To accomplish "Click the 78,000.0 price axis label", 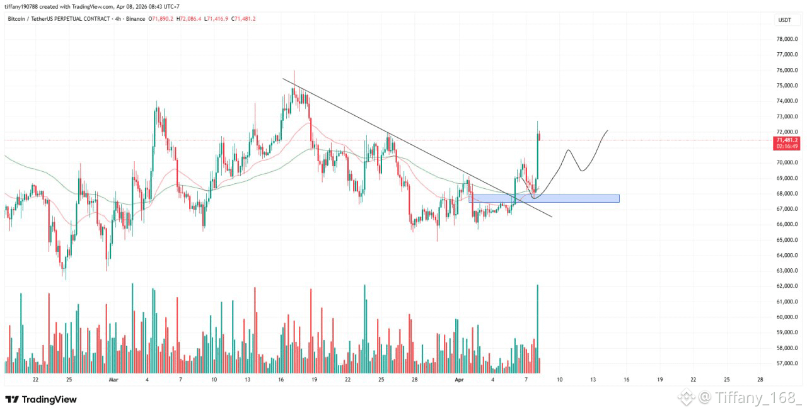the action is (787, 39).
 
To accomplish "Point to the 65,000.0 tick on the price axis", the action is (787, 240).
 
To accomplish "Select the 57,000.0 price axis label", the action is (787, 363).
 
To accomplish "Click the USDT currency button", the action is (785, 20).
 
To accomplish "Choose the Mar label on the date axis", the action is (113, 380).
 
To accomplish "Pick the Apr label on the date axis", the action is (459, 380).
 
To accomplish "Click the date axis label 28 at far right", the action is (760, 380).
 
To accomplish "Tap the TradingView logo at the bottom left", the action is (41, 399).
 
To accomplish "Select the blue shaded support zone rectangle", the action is (544, 198).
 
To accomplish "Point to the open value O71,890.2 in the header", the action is (161, 19).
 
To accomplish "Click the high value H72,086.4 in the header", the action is (189, 19).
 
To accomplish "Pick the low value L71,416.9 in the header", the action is (216, 19).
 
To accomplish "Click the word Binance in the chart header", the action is (136, 19).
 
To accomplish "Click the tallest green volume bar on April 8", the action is (538, 329).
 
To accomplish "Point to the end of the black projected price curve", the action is (608, 130).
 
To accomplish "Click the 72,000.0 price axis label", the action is (787, 132).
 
